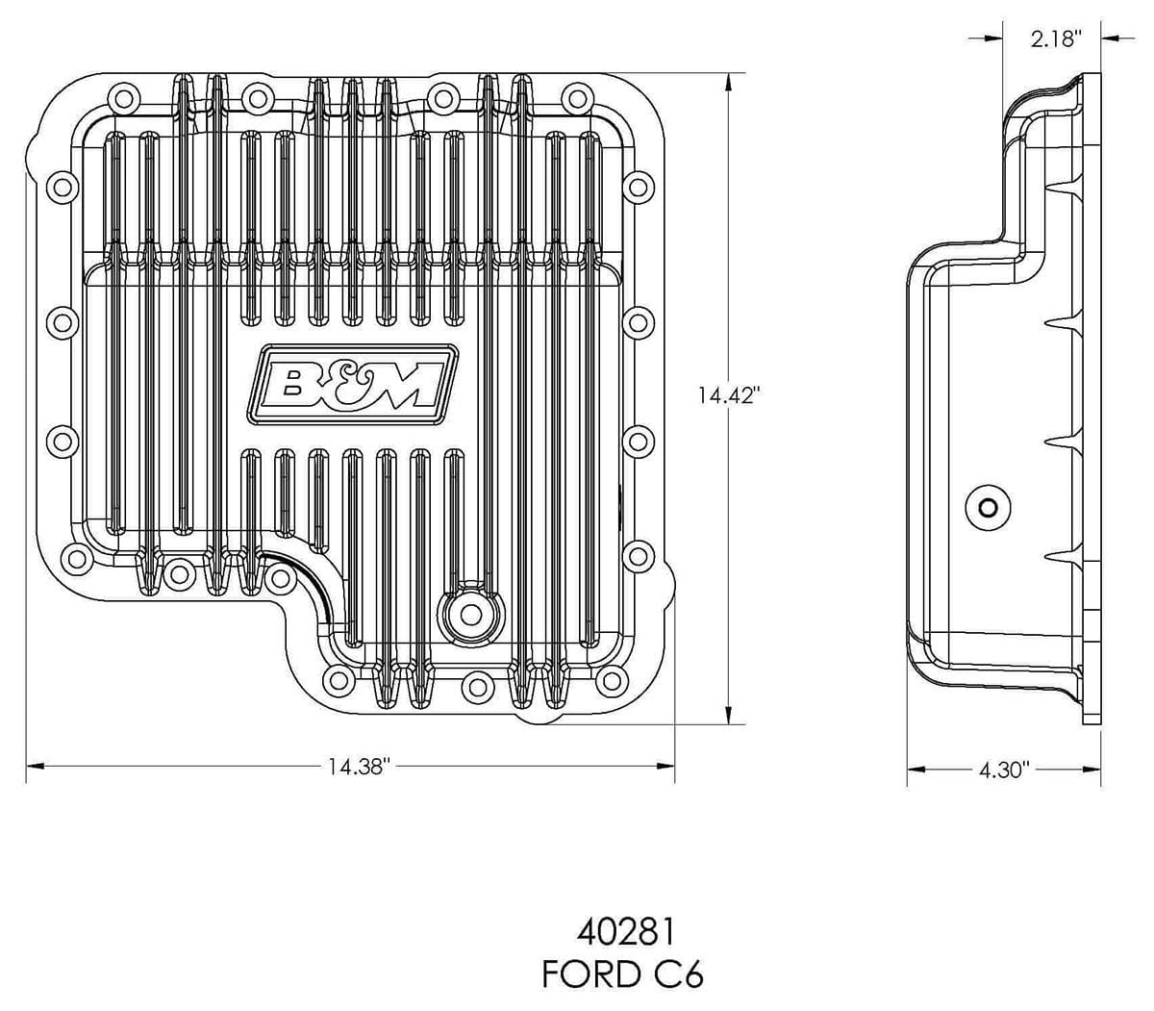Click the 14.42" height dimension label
pyautogui.click(x=729, y=394)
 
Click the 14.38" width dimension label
pyautogui.click(x=356, y=767)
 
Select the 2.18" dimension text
pyautogui.click(x=1056, y=38)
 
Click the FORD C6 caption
pyautogui.click(x=622, y=974)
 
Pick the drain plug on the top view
pyautogui.click(x=470, y=615)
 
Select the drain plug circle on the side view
pyautogui.click(x=987, y=507)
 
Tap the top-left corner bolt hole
pyautogui.click(x=120, y=96)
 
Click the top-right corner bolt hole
pyautogui.click(x=577, y=96)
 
